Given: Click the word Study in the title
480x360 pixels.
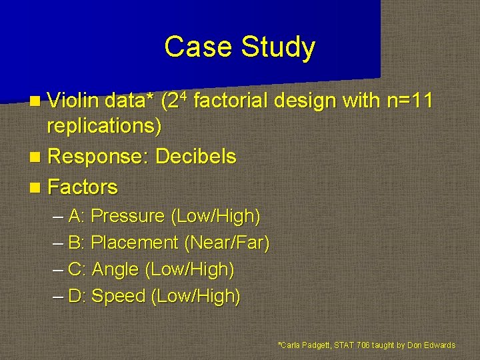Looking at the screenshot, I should [x=279, y=47].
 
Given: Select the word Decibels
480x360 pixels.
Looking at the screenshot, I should [x=195, y=157].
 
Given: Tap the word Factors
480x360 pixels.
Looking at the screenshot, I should [x=83, y=187].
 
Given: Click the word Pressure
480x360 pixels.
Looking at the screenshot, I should [x=127, y=217].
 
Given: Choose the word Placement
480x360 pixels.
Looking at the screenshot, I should [x=134, y=243].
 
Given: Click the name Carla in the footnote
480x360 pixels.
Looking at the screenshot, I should [x=291, y=345].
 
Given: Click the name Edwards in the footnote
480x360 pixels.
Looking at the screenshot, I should [x=440, y=345].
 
